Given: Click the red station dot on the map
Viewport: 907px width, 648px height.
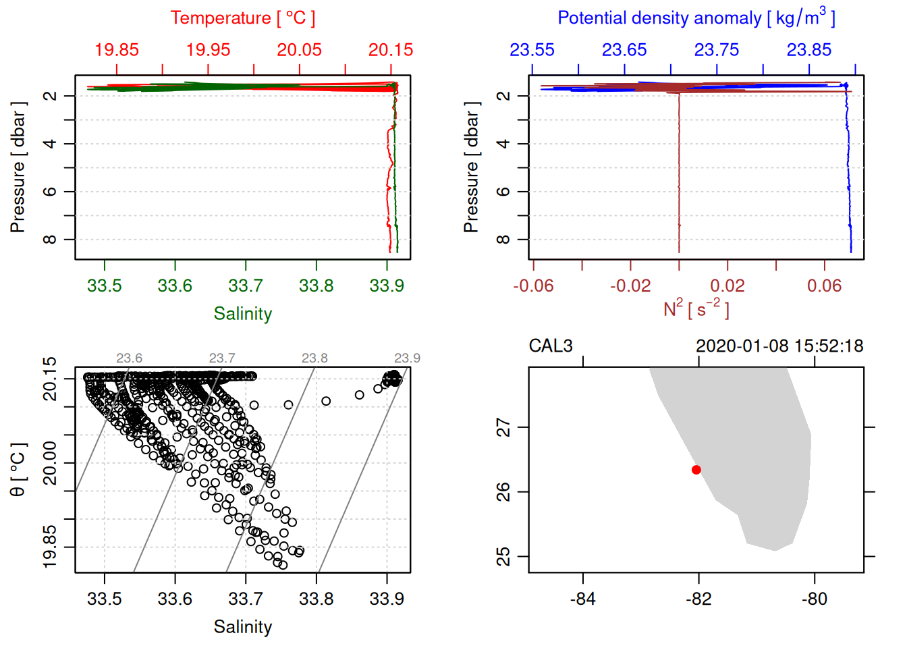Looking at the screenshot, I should click(696, 470).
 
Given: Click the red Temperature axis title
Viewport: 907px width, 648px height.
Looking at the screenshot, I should click(242, 18).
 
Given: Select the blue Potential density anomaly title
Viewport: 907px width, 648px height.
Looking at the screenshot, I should click(696, 18).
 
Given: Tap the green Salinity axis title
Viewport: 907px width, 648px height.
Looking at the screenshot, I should click(243, 314).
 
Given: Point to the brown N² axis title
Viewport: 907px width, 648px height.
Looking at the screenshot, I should click(696, 308).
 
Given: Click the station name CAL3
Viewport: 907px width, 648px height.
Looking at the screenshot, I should click(551, 346).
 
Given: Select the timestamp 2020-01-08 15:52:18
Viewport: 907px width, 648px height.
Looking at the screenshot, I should click(779, 346).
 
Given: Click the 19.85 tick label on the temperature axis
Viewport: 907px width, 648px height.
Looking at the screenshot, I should click(117, 50).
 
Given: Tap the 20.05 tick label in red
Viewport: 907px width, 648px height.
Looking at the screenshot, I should click(300, 50).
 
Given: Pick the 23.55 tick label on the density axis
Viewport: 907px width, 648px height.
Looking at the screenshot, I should click(532, 50).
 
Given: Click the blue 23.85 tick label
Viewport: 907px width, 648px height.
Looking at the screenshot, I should click(809, 50).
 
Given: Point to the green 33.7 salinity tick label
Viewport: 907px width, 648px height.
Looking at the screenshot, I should click(246, 286).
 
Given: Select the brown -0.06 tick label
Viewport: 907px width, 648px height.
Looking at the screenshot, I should click(533, 286).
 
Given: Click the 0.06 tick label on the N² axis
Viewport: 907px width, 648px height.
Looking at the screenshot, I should click(825, 286).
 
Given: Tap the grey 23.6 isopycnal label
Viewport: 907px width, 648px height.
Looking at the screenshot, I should click(129, 358).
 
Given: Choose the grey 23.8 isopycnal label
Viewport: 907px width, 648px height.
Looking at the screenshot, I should click(314, 358).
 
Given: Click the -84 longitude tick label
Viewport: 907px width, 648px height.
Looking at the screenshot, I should click(583, 599).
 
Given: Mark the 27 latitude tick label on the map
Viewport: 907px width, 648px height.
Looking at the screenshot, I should click(504, 427).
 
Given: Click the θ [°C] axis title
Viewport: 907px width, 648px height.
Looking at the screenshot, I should click(18, 470).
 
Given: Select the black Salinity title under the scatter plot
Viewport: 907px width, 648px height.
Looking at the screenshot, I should click(243, 627).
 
